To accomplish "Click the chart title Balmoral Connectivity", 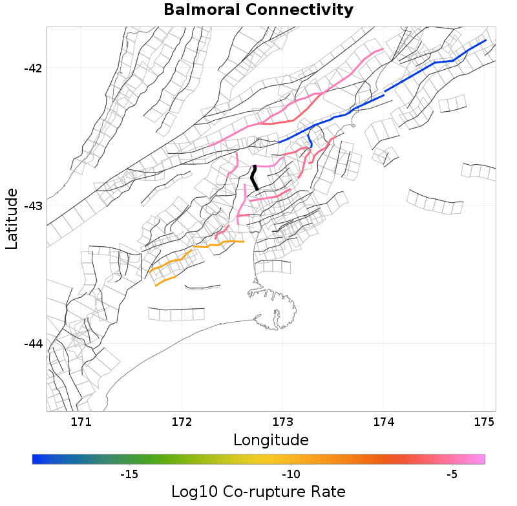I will pos(258,10).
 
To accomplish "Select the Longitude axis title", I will pos(271,440).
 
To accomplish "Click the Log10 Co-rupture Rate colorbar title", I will pos(258,491).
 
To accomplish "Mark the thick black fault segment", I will pos(255,178).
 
